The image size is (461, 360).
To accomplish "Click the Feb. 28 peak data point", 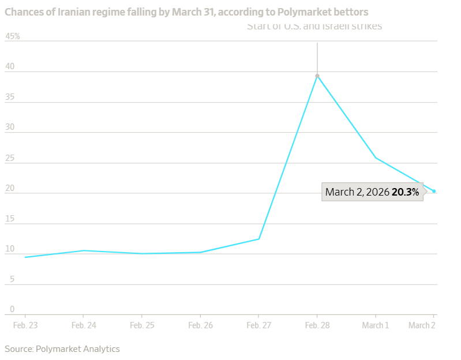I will [x=317, y=76].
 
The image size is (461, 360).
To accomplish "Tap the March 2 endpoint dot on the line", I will [x=434, y=191].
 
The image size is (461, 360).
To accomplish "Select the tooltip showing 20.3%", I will [x=372, y=192].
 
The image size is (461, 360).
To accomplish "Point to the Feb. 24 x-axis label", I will [x=83, y=325].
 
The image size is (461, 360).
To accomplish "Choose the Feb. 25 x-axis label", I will [x=142, y=325].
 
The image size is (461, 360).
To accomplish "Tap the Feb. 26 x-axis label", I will [x=200, y=325].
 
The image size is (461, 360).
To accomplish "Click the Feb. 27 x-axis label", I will [x=258, y=325].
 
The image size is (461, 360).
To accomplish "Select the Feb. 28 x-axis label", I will [x=317, y=325].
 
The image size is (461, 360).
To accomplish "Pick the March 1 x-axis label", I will [x=376, y=325].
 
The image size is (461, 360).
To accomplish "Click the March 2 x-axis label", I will [x=422, y=325].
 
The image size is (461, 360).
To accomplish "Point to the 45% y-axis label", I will [x=13, y=36].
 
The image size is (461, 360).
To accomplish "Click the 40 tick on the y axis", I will [x=10, y=67].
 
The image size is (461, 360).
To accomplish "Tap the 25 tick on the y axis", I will [x=10, y=158].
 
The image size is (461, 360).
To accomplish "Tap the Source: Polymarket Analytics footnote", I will [x=62, y=348].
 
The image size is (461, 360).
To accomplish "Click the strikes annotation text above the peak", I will [x=314, y=27].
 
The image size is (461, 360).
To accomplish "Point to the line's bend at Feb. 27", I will [x=258, y=239].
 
